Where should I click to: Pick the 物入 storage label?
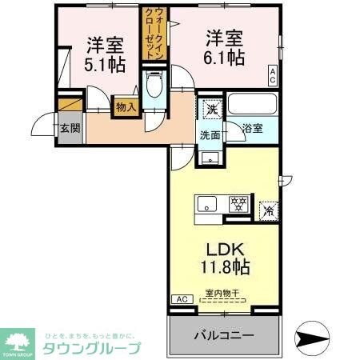click(126, 106)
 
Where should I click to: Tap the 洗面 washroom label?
click(210, 134)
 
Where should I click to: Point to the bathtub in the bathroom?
click(252, 105)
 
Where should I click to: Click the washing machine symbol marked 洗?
click(211, 107)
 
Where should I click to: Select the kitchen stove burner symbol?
click(237, 205)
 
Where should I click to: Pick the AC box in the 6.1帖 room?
click(273, 77)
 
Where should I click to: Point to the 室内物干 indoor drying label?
click(224, 294)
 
